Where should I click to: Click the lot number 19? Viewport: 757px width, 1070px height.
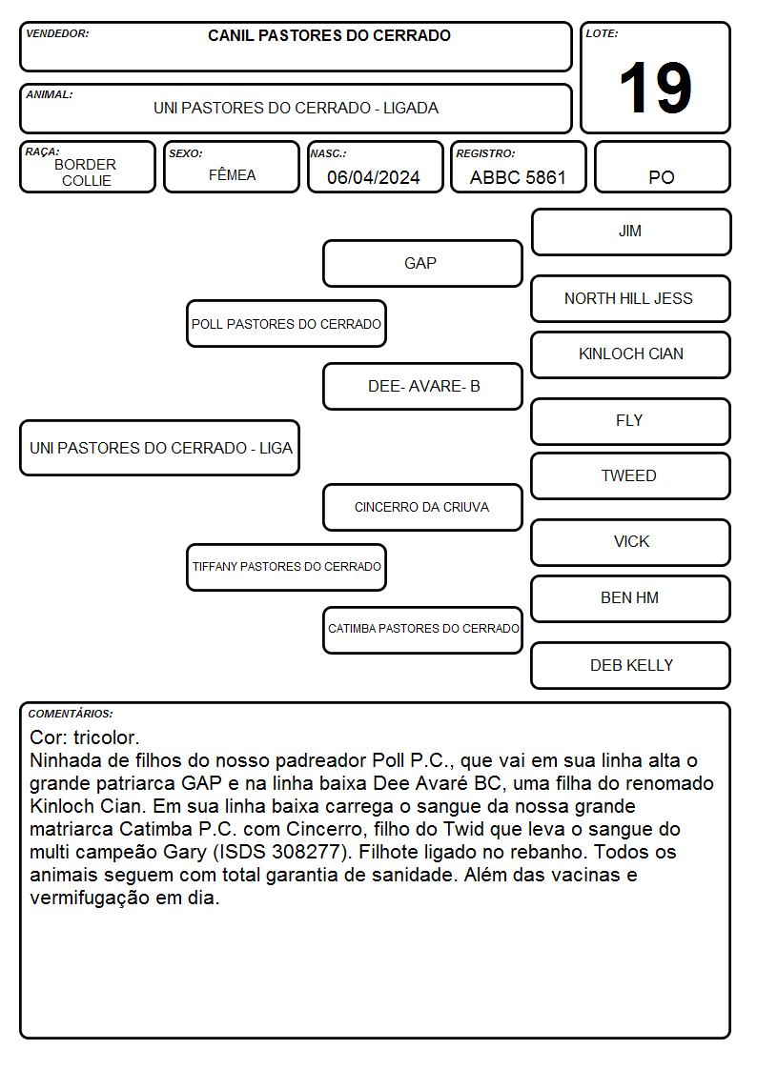click(x=655, y=88)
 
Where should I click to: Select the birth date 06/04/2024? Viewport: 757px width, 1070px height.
click(x=374, y=177)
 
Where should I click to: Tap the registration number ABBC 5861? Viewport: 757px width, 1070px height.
click(x=518, y=177)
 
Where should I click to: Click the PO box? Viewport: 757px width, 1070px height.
click(x=662, y=167)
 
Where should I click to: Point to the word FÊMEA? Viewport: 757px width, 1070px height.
click(x=232, y=174)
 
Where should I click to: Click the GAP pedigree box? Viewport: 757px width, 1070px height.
click(x=422, y=263)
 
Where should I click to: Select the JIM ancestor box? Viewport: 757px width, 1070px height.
click(x=631, y=232)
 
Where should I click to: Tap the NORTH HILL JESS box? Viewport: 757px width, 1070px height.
click(x=631, y=299)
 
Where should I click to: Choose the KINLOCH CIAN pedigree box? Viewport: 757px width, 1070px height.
click(x=631, y=354)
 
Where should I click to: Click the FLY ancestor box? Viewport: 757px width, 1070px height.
click(x=631, y=421)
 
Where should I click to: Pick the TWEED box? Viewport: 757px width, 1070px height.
click(x=631, y=476)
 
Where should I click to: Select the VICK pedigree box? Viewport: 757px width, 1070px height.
click(x=631, y=542)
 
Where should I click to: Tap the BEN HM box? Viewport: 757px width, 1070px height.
click(x=631, y=598)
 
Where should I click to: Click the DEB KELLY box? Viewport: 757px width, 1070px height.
click(x=631, y=665)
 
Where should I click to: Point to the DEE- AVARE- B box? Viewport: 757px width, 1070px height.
click(x=422, y=386)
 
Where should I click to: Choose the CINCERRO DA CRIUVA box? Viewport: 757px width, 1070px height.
click(x=422, y=507)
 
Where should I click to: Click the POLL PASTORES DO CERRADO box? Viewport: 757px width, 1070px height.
click(x=287, y=323)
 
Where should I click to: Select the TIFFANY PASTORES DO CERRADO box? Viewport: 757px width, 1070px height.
click(x=287, y=567)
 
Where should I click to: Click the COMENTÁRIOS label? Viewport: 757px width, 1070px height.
click(x=71, y=714)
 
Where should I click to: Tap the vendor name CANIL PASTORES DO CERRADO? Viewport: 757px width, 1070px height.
click(x=329, y=35)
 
